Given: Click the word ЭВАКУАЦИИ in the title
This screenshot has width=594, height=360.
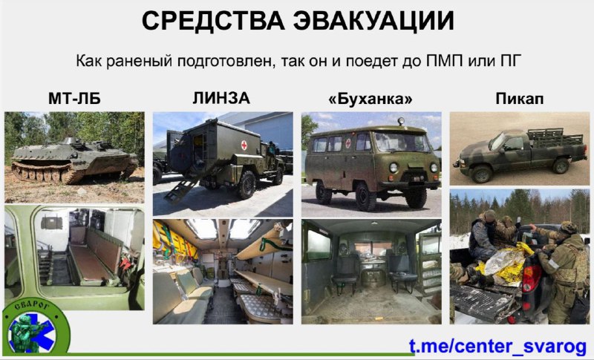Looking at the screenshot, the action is [x=374, y=21].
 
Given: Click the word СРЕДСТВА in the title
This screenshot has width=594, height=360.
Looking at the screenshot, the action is [x=213, y=21].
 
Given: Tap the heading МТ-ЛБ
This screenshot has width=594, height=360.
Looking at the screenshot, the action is [x=75, y=99].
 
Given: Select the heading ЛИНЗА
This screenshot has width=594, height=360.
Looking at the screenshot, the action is [x=221, y=99].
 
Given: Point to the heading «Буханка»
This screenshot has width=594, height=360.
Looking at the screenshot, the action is [x=371, y=99].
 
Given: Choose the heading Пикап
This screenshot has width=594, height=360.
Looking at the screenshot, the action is [x=519, y=99].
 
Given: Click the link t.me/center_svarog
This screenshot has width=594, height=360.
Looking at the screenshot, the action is [x=497, y=346].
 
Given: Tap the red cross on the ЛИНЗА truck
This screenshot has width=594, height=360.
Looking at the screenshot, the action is [x=244, y=145].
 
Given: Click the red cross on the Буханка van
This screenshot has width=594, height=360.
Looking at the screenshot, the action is [x=348, y=143].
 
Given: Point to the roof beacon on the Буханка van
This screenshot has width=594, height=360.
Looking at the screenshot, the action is [x=400, y=122].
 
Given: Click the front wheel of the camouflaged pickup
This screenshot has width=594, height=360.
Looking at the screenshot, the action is [x=480, y=174].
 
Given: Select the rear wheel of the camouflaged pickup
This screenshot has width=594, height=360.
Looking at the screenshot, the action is [x=561, y=166].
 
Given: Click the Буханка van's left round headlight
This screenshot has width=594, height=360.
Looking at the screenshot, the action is [x=393, y=167].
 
